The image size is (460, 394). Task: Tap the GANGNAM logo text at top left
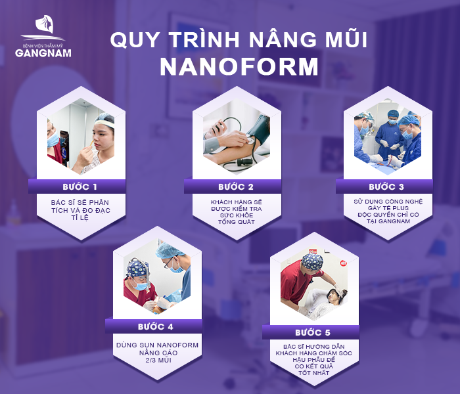coord(43,52)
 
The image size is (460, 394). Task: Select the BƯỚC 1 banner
coord(77,186)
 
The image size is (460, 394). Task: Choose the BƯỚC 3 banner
coord(386,186)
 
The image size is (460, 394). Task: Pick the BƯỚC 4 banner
coord(155,326)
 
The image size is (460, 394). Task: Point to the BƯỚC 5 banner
coord(311,332)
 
